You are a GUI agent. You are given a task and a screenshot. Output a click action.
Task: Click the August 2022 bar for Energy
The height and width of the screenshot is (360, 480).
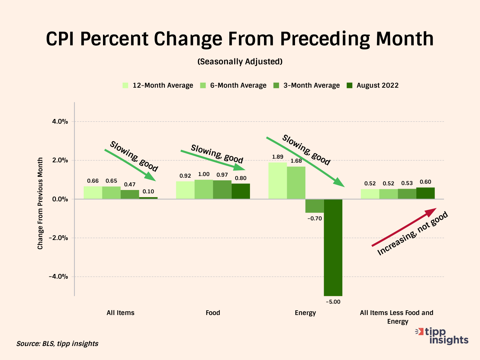333,247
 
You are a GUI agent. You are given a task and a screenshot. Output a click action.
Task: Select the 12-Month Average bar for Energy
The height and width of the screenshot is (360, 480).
277,181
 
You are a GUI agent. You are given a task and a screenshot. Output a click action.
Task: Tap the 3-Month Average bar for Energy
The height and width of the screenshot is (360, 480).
314,206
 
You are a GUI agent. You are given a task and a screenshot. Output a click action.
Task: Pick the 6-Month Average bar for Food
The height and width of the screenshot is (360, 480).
204,189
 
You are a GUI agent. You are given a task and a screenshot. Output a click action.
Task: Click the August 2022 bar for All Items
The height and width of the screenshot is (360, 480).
148,198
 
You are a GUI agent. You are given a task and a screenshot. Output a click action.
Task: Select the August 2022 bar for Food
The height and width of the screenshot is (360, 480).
241,191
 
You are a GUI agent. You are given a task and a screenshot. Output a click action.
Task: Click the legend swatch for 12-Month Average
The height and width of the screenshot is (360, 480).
125,85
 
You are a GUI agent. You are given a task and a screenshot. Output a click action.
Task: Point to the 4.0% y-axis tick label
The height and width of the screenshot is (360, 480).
60,122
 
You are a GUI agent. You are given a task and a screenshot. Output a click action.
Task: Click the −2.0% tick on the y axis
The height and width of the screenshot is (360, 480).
58,238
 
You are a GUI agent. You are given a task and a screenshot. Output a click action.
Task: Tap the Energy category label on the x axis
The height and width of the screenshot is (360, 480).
305,313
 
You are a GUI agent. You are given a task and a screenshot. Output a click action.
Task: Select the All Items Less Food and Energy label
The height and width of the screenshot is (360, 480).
397,317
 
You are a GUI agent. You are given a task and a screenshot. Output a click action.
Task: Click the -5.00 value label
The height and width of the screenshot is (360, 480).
333,302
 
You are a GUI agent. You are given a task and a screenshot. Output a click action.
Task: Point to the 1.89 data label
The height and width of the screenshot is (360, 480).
277,157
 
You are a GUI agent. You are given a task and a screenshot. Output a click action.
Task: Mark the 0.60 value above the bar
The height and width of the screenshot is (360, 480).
425,182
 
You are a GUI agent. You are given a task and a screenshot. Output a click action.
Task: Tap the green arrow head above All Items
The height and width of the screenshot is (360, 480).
152,177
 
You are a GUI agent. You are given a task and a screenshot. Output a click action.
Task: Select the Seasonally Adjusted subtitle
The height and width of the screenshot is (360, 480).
240,62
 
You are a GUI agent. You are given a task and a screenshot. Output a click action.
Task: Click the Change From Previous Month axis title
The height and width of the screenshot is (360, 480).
40,203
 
